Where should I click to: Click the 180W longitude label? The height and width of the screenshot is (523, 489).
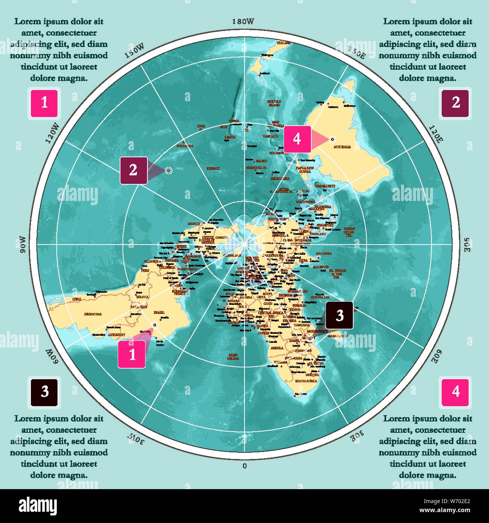243,22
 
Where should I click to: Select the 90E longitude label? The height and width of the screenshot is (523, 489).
466,245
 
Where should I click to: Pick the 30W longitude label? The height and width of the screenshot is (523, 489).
135,438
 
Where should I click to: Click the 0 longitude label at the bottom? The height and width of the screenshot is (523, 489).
244,466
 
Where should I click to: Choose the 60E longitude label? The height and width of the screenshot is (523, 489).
437,355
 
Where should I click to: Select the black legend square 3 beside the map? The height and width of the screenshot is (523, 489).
44,392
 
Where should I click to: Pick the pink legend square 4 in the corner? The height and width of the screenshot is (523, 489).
456,392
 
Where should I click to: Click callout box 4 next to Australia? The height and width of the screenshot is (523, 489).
297,139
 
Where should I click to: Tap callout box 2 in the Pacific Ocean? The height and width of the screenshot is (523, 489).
134,170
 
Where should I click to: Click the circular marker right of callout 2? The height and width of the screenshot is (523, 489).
169,170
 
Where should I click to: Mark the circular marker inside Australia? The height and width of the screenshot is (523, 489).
332,139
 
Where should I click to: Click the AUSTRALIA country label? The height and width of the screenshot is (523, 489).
342,147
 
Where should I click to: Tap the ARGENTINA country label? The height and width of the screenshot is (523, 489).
93,314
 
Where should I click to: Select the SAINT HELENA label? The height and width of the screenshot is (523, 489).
233,357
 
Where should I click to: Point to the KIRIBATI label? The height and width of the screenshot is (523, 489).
213,169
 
